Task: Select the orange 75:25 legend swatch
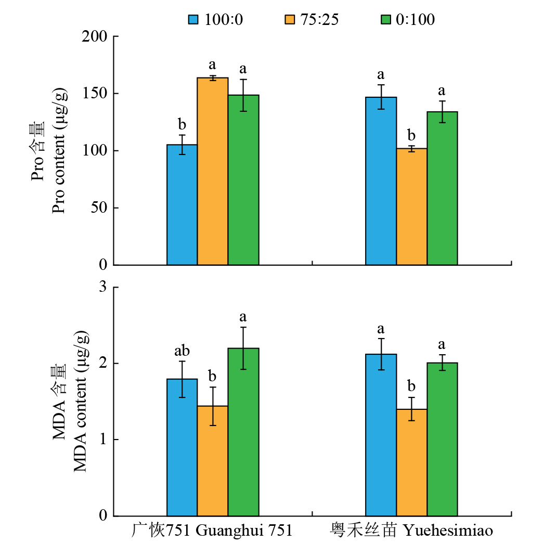[x=289, y=20]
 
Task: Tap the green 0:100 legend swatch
[x=386, y=20]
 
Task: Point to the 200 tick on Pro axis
[x=95, y=36]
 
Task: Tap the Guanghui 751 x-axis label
[x=212, y=531]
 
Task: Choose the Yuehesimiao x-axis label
[x=411, y=531]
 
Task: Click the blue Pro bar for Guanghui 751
[x=182, y=205]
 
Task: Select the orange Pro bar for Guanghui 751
[x=213, y=172]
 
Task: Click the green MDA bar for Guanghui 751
[x=243, y=432]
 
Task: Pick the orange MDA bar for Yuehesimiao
[x=411, y=462]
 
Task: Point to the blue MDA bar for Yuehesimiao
[x=381, y=435]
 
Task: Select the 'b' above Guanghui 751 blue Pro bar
[x=182, y=125]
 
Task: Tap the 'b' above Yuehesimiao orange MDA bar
[x=411, y=386]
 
